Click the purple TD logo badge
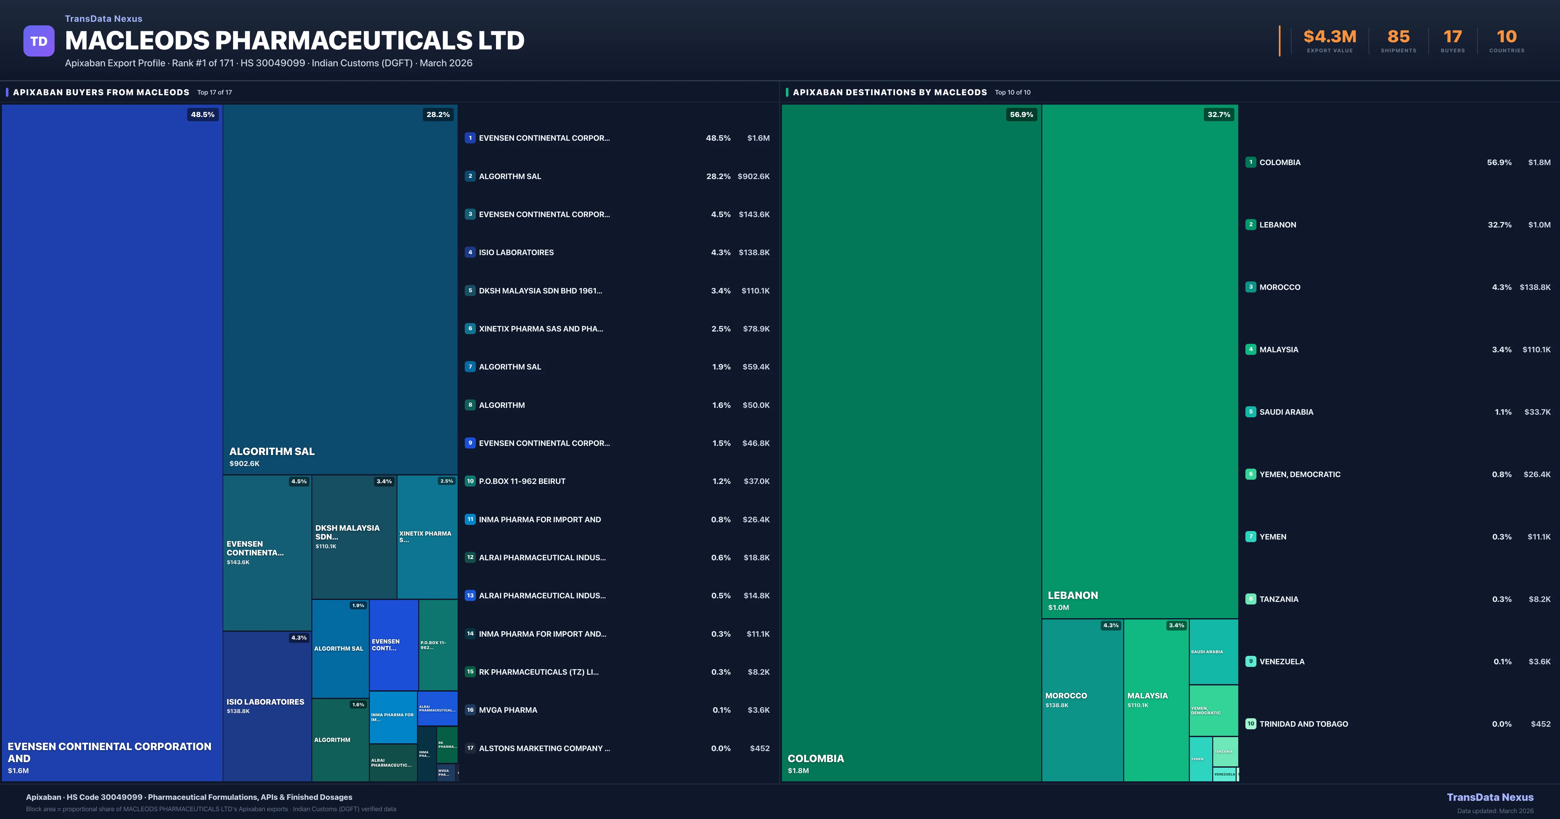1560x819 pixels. point(39,41)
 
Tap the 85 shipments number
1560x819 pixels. point(1398,37)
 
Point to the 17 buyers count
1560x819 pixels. point(1452,37)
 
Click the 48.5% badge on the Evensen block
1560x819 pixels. point(202,114)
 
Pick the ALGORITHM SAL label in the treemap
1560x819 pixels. point(272,451)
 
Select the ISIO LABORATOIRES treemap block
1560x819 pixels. point(266,706)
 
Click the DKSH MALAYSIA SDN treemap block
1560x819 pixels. point(354,537)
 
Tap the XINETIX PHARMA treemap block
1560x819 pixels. point(426,537)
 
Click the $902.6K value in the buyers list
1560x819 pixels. point(753,176)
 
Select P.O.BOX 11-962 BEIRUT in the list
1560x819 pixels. point(522,481)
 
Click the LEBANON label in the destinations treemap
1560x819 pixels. point(1072,595)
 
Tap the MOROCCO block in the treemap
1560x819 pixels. point(1082,700)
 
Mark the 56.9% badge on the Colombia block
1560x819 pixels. point(1021,114)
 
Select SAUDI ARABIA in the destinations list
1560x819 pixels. point(1286,412)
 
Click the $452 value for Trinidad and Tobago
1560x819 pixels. point(1540,724)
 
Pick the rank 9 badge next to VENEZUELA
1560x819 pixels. point(1251,661)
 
